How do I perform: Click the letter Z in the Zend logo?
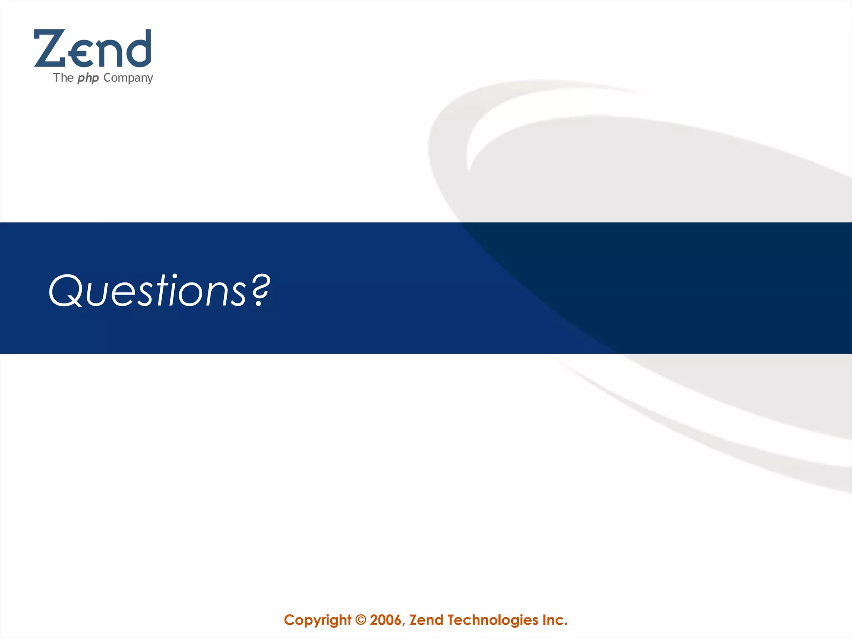click(x=49, y=48)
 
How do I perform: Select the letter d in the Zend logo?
click(x=138, y=48)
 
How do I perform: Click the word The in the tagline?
click(x=63, y=78)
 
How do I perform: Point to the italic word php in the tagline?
click(x=88, y=78)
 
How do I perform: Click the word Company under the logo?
click(x=128, y=78)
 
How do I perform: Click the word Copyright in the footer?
click(x=317, y=620)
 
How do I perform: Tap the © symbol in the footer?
click(x=361, y=620)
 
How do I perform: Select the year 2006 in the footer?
click(x=386, y=620)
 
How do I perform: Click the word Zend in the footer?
click(x=426, y=620)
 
